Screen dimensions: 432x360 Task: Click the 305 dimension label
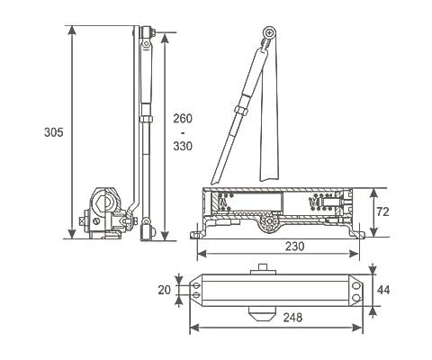click(54, 132)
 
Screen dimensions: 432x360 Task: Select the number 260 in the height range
click(183, 119)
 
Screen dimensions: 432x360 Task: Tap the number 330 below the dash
click(183, 146)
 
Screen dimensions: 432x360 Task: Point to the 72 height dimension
click(382, 211)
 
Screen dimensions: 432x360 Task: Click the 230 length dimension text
click(294, 246)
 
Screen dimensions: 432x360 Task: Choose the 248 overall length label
click(292, 317)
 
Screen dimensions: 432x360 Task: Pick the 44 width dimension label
click(383, 290)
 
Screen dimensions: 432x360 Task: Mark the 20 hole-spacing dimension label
click(165, 290)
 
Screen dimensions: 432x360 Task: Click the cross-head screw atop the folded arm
click(270, 32)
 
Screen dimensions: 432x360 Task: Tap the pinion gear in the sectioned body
click(269, 222)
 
